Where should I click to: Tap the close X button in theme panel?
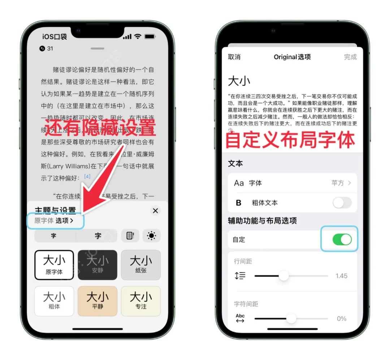pos(155,211)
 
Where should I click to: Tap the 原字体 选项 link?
pos(54,221)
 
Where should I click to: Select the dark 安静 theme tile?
pos(97,265)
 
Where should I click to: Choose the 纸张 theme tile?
pos(141,265)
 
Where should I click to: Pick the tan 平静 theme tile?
pos(97,301)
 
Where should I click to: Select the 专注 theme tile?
pos(141,301)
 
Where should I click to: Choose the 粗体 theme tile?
pos(54,301)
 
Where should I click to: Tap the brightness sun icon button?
pos(151,236)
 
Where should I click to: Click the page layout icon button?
pos(130,236)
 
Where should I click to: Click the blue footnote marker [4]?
pos(87,176)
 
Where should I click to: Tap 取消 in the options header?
pos(234,57)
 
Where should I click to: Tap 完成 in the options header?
pos(350,57)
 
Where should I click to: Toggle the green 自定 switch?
pos(342,239)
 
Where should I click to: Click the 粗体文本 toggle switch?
pos(342,203)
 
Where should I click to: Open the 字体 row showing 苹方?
pos(292,183)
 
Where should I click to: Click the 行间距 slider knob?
pos(284,276)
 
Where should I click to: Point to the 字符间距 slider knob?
pos(291,318)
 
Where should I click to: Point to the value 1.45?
pos(341,276)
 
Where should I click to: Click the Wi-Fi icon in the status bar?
pos(138,37)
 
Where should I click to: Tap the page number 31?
pos(50,48)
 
